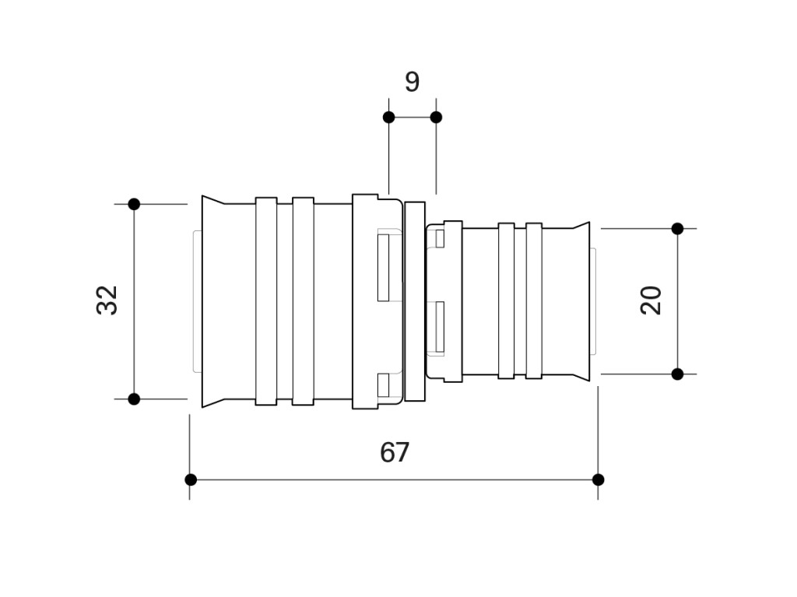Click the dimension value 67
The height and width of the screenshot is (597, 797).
coord(395,452)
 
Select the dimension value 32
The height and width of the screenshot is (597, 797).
coord(107,300)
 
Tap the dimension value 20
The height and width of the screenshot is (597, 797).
coord(651,300)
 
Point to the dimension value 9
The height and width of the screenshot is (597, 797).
coord(413,82)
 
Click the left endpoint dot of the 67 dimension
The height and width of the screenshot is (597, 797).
coord(191,479)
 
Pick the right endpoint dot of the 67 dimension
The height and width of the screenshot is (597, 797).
coord(599,479)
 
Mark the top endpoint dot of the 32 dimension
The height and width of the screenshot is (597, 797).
coord(134,205)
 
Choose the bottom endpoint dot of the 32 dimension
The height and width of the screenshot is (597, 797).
coord(134,399)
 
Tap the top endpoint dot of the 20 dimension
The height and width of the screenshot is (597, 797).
coord(678,229)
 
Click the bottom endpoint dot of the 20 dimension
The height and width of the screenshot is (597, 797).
coord(678,374)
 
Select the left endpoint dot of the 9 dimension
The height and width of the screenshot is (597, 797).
coord(389,118)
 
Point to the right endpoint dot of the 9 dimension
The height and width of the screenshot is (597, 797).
coord(436,118)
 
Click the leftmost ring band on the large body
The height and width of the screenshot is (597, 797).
coord(266,301)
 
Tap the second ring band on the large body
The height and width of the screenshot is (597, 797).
coord(303,301)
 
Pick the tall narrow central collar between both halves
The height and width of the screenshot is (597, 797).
coord(415,301)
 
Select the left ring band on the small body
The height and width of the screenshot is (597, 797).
coord(506,300)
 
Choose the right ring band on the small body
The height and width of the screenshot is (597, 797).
coord(534,300)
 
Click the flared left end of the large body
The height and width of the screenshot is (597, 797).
coord(213,301)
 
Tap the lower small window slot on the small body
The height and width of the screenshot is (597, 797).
coord(440,327)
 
